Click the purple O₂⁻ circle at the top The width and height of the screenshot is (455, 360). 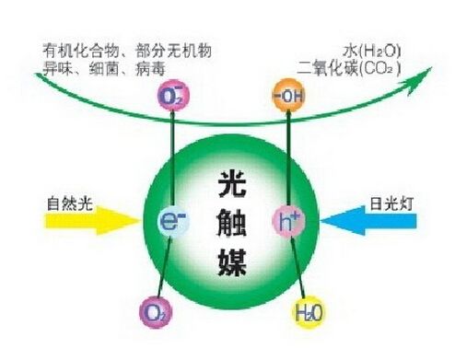171,96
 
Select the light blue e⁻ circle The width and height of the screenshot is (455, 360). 172,221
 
